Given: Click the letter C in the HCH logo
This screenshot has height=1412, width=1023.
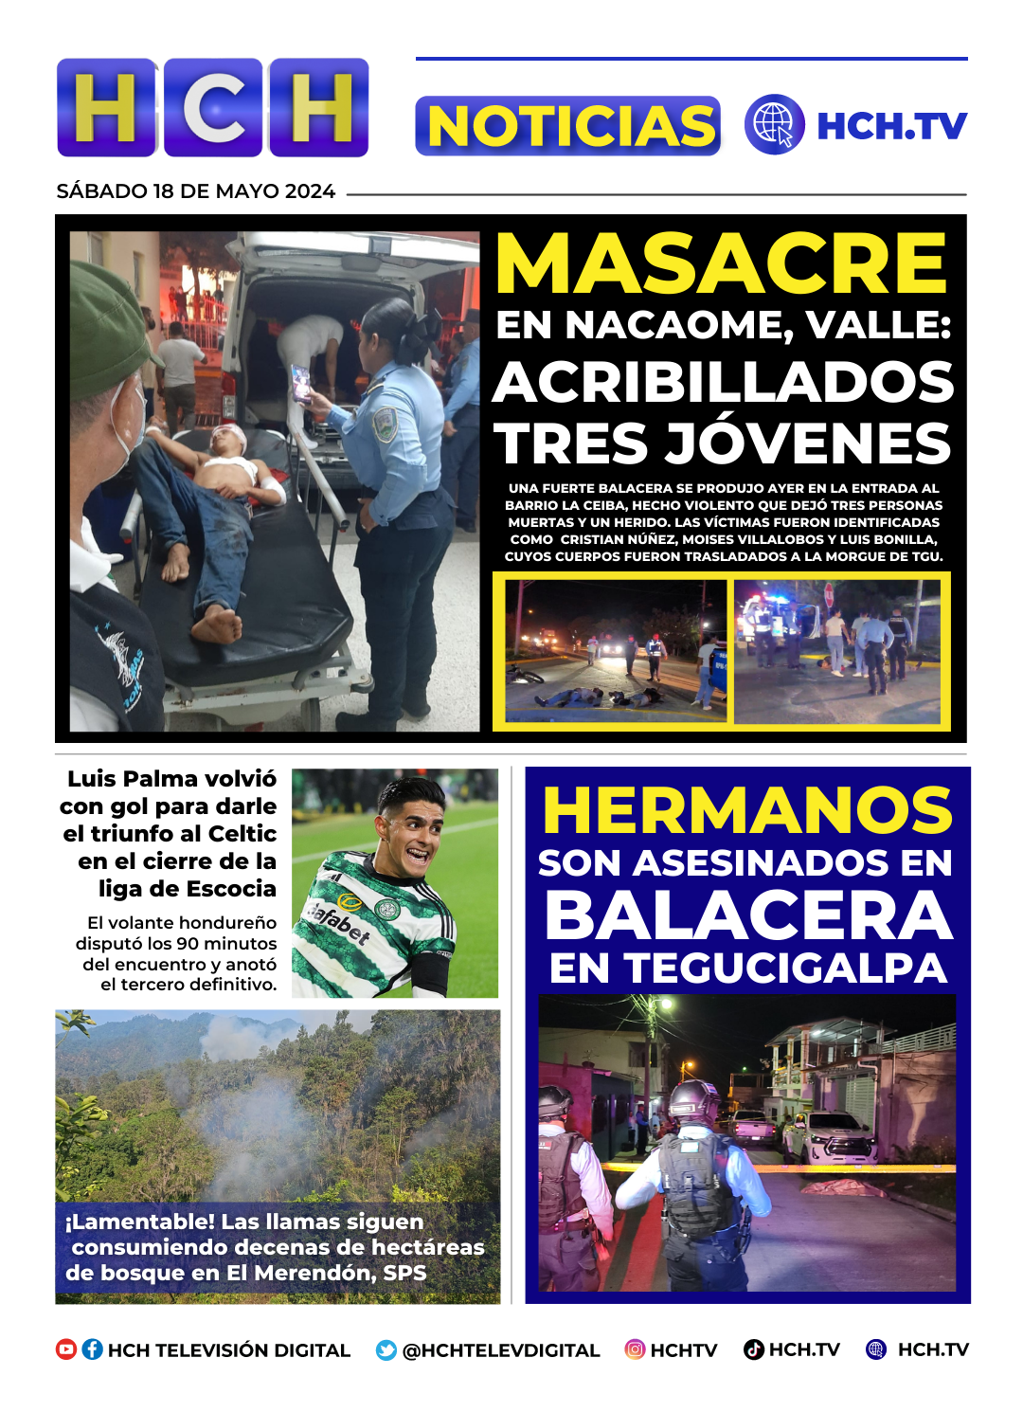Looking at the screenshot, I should pyautogui.click(x=213, y=107).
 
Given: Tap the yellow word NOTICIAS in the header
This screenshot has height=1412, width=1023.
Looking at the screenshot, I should pyautogui.click(x=568, y=126).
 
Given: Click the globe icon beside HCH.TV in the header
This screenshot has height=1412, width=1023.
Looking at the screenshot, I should pyautogui.click(x=774, y=124).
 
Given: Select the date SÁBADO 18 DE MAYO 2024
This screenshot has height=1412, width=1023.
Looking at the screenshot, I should pyautogui.click(x=195, y=191).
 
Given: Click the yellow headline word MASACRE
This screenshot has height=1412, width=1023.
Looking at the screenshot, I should pyautogui.click(x=722, y=264).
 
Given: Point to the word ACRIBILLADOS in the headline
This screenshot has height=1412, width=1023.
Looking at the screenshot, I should pyautogui.click(x=724, y=382).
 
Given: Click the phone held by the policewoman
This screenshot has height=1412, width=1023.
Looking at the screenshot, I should pyautogui.click(x=300, y=384).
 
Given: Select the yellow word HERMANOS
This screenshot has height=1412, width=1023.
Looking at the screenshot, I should pyautogui.click(x=747, y=810).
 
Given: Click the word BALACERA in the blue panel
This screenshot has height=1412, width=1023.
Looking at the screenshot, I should pyautogui.click(x=748, y=916).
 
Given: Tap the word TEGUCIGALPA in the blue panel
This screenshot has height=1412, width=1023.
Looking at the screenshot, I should pyautogui.click(x=786, y=968).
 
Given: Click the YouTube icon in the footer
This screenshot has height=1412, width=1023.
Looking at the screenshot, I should pyautogui.click(x=66, y=1349).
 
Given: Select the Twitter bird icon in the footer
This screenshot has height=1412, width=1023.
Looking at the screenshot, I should pyautogui.click(x=386, y=1350).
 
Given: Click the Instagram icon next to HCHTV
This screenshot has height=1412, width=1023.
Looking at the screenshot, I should pyautogui.click(x=635, y=1349).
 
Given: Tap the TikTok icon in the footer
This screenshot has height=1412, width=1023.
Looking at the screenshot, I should pyautogui.click(x=754, y=1349).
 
